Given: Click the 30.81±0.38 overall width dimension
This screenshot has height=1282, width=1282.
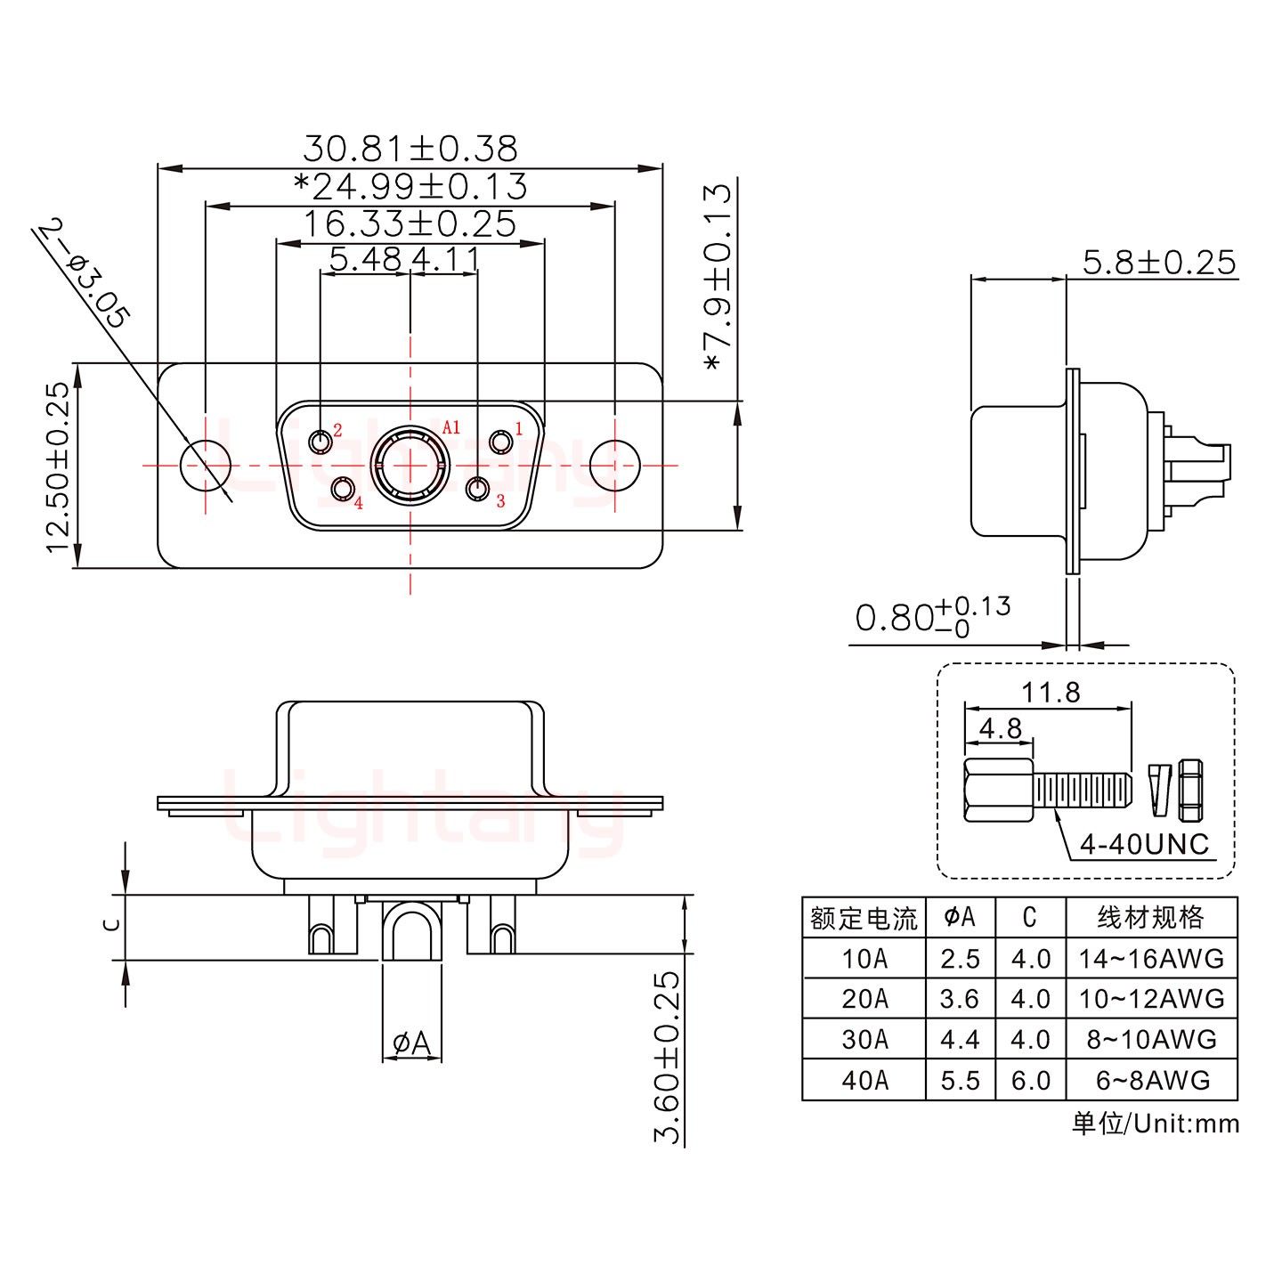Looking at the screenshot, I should coord(410,148).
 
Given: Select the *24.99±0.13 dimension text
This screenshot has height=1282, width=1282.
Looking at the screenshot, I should coord(410,186).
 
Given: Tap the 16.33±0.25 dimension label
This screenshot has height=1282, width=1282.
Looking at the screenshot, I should coord(410,223).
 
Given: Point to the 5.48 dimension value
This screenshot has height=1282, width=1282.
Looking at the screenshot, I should coord(365,259).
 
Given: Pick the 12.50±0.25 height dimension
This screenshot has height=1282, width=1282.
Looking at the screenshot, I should coord(58,467).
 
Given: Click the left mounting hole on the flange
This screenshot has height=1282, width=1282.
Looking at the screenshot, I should coord(206,465).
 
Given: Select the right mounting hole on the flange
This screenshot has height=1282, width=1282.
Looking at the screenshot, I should coord(615,465).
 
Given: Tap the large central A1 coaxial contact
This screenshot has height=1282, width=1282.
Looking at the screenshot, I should coord(410,466).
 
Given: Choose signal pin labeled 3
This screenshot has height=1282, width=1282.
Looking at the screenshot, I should coord(479,489).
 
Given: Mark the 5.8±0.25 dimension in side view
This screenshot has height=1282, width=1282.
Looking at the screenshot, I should coord(1159,263).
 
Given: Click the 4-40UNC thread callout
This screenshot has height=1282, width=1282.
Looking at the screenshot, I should coord(1144,843).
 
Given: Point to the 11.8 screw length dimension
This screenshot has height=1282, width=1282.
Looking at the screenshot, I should coord(1051,692).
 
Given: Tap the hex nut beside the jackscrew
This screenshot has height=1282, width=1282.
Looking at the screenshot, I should coord(1190,790).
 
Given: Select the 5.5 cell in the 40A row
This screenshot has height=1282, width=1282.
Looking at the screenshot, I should coord(960,1080).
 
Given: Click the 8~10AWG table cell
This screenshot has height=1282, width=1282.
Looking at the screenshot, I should coord(1151,1039).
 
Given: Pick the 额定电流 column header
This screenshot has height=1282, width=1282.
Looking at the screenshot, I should coord(864,917).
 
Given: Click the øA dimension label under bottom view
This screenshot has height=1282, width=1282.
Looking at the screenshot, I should coord(410,1043).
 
